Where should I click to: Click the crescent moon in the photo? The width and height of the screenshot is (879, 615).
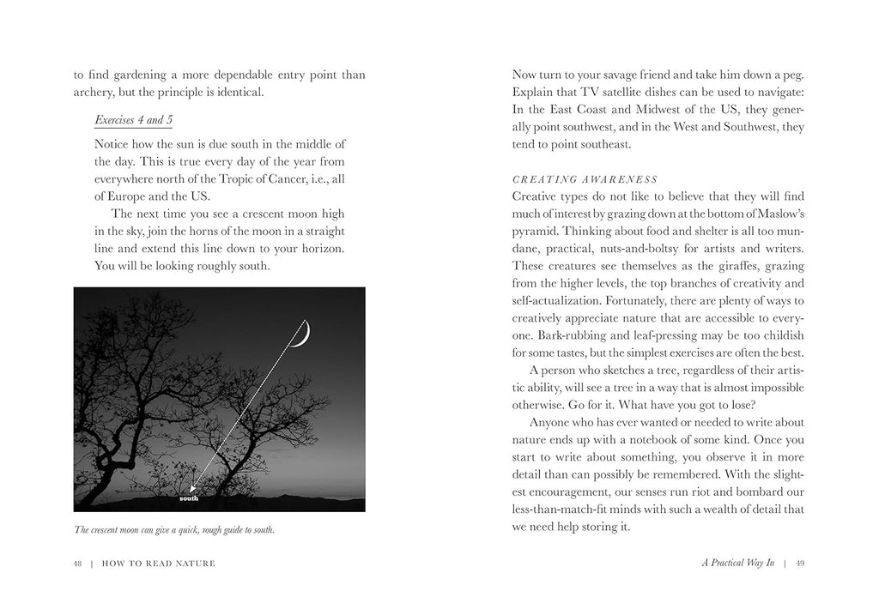click(302, 335)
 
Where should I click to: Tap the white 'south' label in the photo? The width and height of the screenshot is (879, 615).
click(190, 497)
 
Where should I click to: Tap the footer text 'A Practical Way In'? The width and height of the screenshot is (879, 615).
click(738, 563)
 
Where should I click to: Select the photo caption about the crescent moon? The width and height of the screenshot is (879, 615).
click(174, 530)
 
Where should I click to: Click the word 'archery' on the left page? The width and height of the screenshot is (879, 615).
click(94, 93)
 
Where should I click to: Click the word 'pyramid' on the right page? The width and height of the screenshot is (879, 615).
click(538, 232)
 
